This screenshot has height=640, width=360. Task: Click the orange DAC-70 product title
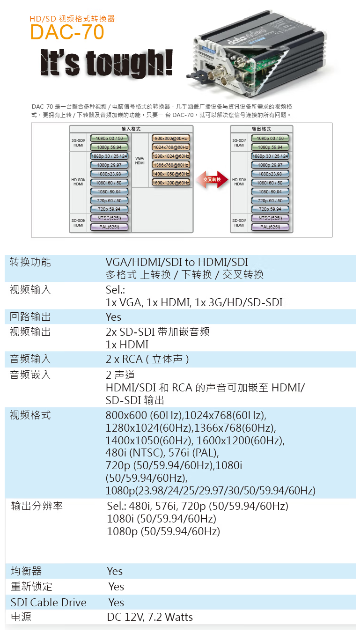[67, 33]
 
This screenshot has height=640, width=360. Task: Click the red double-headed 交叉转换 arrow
[212, 179]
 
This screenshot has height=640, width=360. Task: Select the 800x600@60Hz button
[170, 138]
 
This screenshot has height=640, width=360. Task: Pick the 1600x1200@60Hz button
[170, 183]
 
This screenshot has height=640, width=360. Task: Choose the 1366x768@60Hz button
[170, 165]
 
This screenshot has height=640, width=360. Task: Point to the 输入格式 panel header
[131, 129]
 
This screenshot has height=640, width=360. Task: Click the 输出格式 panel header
[261, 129]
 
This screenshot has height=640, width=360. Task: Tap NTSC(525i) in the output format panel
[270, 218]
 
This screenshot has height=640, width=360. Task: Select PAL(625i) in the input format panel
[109, 227]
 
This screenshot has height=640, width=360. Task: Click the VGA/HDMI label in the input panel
[140, 161]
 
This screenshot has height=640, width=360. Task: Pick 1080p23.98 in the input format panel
[109, 174]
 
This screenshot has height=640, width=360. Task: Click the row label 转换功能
[30, 263]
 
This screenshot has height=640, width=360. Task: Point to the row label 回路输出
[30, 317]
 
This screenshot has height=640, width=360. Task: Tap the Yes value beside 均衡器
[115, 571]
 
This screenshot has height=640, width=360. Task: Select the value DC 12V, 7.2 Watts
[150, 617]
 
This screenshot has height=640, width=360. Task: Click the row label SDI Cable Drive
[49, 603]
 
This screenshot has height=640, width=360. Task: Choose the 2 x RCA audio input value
[147, 360]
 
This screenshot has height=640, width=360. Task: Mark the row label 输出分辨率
[37, 507]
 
